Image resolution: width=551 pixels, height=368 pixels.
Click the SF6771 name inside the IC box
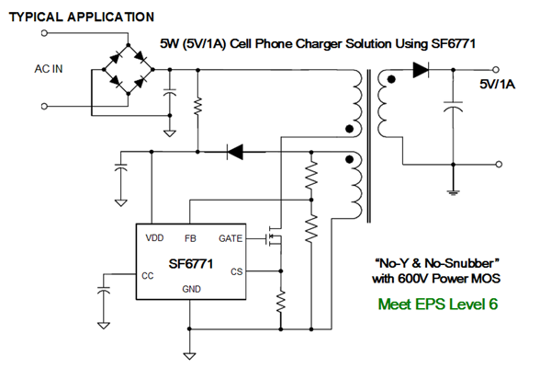pos(191,263)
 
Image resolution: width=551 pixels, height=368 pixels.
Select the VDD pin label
pos(154,238)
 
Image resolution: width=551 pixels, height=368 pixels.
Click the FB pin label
pos(190,238)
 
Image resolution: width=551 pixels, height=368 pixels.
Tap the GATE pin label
pos(231,238)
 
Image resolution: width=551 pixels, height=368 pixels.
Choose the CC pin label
pos(148,273)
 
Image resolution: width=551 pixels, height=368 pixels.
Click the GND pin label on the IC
pos(190,291)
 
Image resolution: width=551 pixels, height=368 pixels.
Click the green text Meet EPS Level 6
pos(438,305)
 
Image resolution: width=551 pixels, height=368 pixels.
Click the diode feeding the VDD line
pos(235,151)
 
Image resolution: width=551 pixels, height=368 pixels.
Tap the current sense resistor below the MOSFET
pos(281,300)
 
